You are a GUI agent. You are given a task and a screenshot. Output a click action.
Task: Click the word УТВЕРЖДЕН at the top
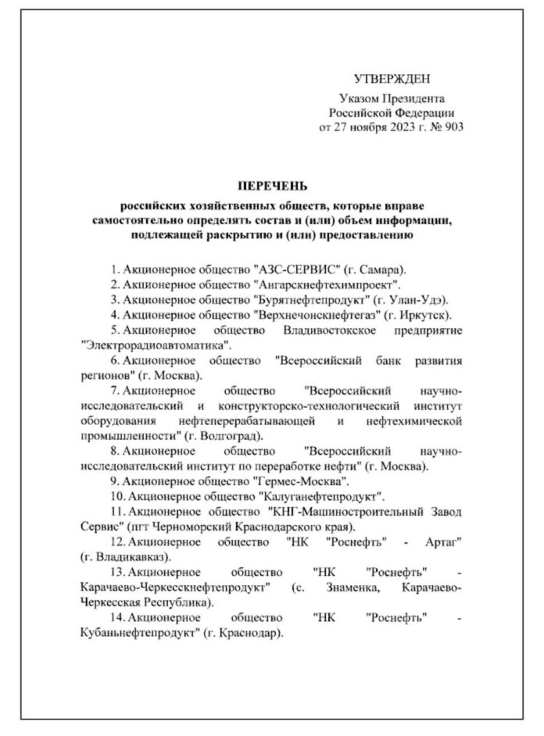coord(392,79)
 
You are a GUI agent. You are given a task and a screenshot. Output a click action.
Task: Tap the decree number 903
coord(453,125)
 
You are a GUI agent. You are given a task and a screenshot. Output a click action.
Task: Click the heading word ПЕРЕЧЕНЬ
coord(273,186)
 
